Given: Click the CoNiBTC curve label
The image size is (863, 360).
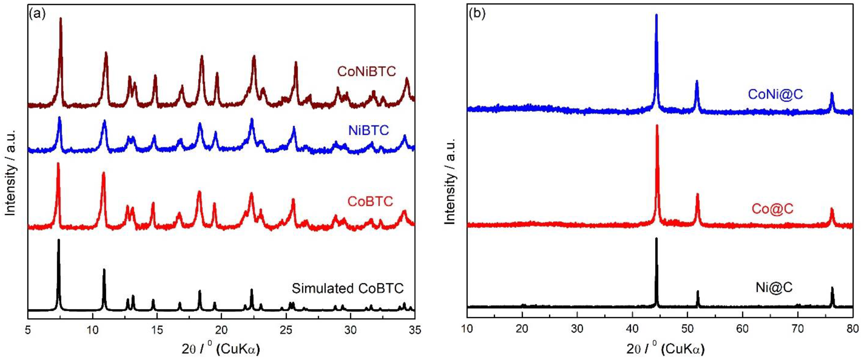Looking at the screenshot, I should point(367,71).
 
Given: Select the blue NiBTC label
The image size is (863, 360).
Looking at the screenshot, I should point(369,130).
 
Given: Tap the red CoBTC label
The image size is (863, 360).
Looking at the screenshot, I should point(370,201).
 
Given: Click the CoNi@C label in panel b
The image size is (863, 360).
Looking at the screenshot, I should point(776,94).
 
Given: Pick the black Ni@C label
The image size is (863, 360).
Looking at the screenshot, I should point(774,287).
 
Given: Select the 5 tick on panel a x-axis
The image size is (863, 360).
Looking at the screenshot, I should point(28,330).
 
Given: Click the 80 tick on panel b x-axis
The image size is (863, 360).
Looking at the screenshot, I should point(853,330).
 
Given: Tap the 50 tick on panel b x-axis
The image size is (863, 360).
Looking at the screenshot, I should point(687,330).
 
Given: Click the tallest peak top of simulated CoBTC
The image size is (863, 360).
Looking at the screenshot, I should point(59,240).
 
